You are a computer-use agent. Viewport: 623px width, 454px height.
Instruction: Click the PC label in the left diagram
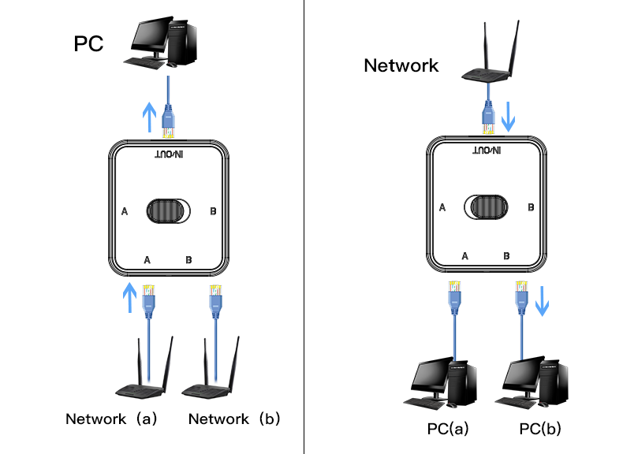[89, 43]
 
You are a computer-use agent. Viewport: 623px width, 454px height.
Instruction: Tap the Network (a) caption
[111, 419]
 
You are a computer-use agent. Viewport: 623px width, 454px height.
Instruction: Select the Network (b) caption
[234, 419]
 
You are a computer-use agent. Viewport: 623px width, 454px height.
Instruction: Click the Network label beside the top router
[401, 65]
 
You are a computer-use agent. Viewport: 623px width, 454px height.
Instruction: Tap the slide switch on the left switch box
[168, 211]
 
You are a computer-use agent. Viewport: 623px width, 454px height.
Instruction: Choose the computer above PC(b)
[535, 385]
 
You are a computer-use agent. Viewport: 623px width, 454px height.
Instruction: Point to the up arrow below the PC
[148, 119]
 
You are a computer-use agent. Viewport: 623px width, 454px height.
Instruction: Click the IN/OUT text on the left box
[168, 154]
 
